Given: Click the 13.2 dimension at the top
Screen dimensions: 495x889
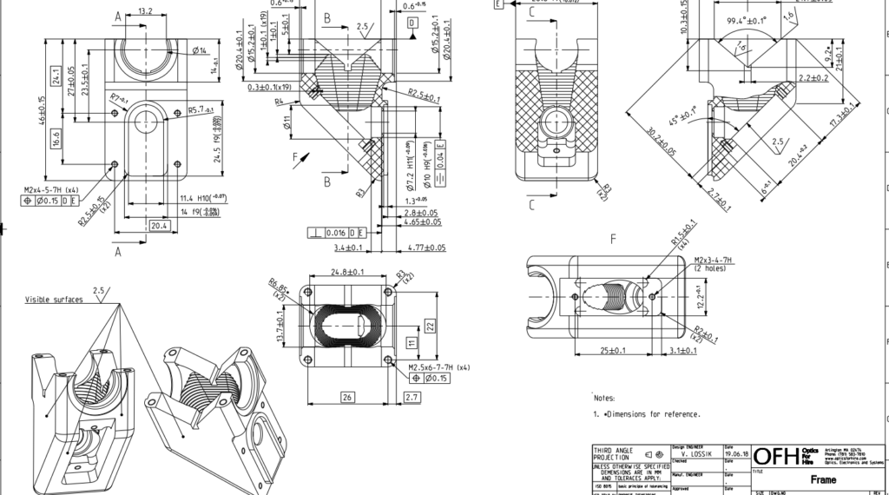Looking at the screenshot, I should pyautogui.click(x=145, y=12).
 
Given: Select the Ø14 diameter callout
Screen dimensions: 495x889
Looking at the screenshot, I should pyautogui.click(x=199, y=51).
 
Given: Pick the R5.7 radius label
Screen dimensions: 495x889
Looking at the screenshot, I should pyautogui.click(x=201, y=110).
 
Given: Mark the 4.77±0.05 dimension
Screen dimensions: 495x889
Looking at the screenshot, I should pyautogui.click(x=425, y=247).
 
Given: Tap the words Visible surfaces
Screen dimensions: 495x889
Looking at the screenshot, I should pyautogui.click(x=55, y=300).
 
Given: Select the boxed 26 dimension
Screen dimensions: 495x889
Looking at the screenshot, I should pyautogui.click(x=347, y=397).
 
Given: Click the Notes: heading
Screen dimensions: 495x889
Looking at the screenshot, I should pyautogui.click(x=604, y=398).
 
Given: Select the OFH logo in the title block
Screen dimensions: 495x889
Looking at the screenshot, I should pyautogui.click(x=774, y=456).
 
